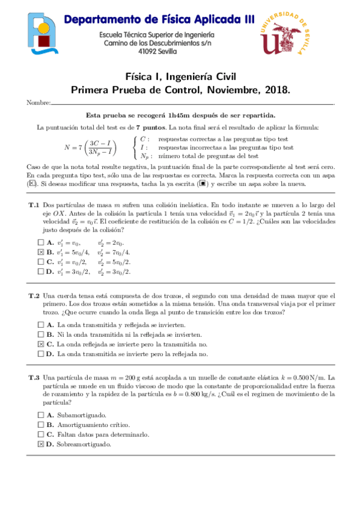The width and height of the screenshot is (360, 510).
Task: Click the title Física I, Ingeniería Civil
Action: (180, 77)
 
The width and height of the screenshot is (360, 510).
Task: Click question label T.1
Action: (34, 205)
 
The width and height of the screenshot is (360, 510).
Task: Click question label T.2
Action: (34, 295)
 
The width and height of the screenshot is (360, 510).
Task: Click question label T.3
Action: (34, 377)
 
